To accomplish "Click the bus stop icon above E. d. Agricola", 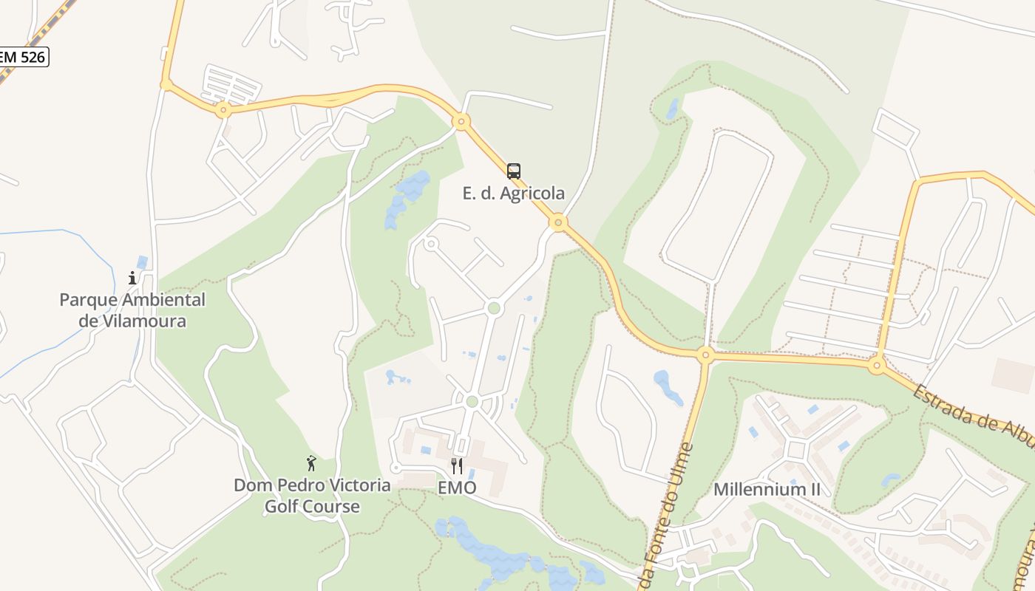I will [514, 171].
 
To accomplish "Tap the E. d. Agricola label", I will [514, 194].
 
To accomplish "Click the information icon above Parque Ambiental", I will [132, 278].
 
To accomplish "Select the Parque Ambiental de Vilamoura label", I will [132, 310].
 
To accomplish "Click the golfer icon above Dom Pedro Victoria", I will [311, 463].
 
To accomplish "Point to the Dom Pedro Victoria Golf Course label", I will [312, 496].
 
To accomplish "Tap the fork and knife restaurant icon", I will [457, 465].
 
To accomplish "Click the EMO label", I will [457, 488].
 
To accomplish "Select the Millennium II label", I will [767, 489].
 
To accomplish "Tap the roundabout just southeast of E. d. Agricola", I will [559, 222].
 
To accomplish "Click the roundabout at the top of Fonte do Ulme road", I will [705, 355].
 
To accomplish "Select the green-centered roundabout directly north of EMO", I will [472, 401].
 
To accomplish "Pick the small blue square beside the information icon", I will [142, 262].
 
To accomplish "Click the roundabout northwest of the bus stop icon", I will [461, 121].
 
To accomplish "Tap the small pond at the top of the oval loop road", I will [672, 109].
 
